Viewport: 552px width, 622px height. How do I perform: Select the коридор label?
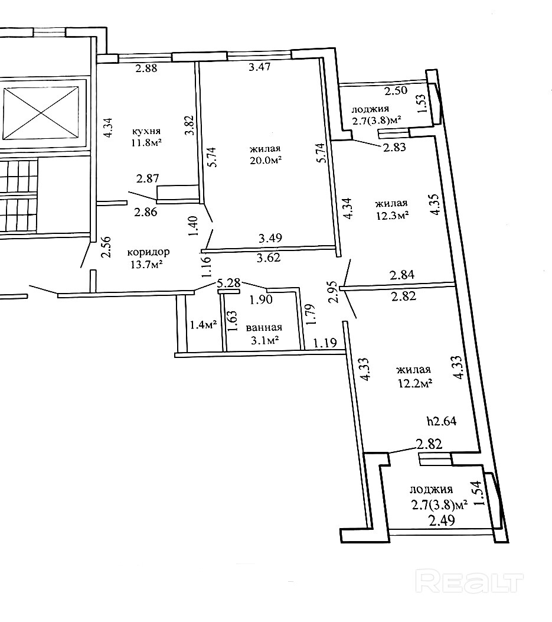(148, 252)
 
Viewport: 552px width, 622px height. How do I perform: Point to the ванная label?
(264, 327)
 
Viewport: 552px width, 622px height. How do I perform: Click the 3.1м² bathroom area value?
(264, 340)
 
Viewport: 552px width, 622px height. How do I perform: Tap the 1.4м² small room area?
(202, 324)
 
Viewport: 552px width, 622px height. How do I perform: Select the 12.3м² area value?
(392, 216)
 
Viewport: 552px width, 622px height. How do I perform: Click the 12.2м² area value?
(415, 382)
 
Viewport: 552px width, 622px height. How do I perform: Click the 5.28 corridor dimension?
(228, 283)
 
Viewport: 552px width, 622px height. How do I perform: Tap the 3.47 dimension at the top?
(260, 67)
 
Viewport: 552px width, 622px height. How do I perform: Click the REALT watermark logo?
(470, 582)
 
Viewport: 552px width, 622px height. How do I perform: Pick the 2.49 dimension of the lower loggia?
(441, 520)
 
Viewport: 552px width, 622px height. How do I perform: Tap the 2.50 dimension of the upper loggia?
(396, 91)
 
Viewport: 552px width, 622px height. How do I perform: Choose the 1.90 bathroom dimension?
(260, 299)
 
